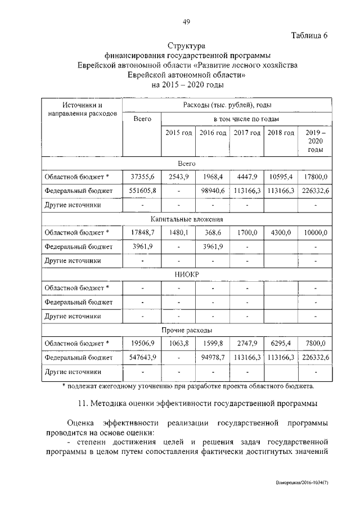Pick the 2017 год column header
(247, 133)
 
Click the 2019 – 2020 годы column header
(315, 141)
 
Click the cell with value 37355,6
(142, 177)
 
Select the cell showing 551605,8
(142, 191)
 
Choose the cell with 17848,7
(142, 232)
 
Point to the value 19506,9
(142, 343)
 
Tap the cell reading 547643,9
(142, 357)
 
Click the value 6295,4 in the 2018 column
(281, 343)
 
